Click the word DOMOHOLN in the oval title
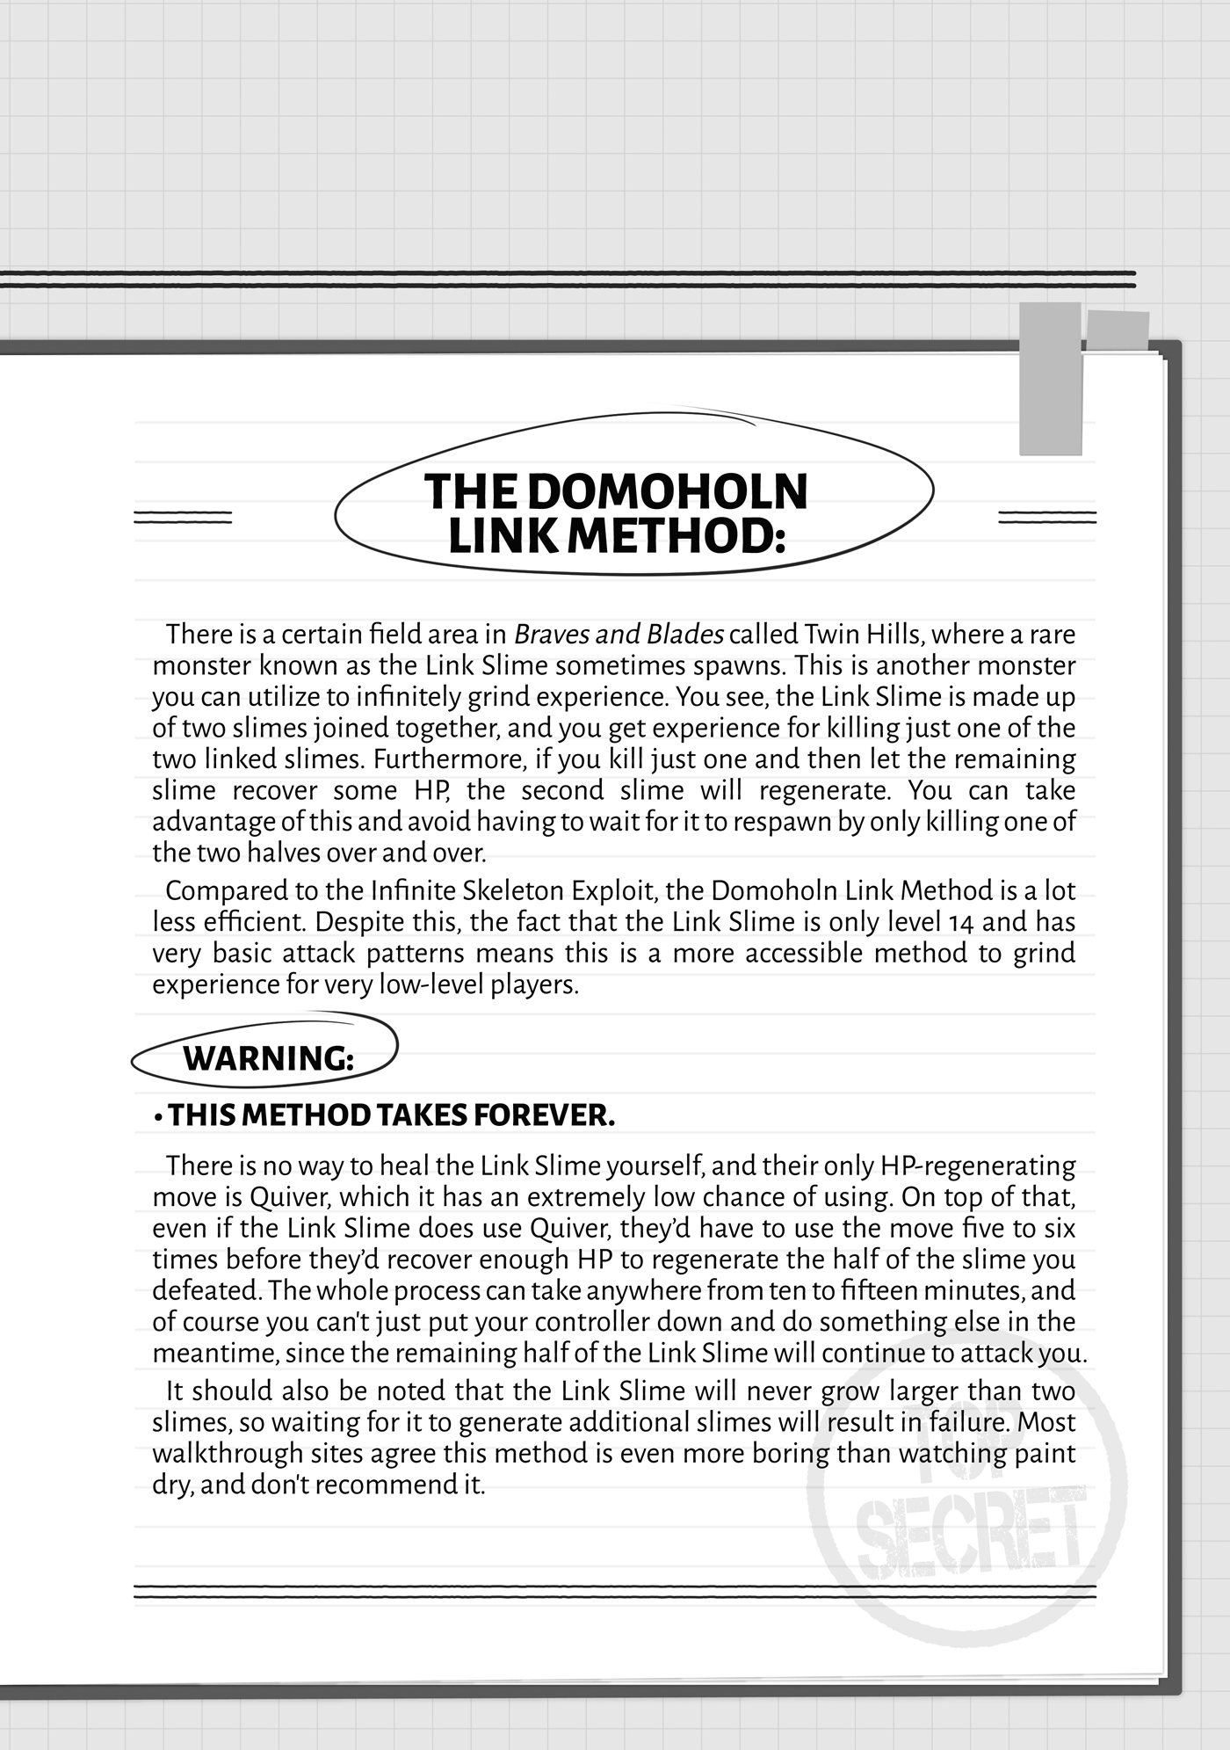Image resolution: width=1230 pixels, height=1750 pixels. click(668, 491)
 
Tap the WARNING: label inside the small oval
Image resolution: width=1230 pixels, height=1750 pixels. click(268, 1058)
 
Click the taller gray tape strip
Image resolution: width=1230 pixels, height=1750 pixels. click(1050, 379)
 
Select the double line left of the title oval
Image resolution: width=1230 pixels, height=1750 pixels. click(183, 518)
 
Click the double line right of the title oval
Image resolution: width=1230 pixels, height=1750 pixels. click(1047, 518)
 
